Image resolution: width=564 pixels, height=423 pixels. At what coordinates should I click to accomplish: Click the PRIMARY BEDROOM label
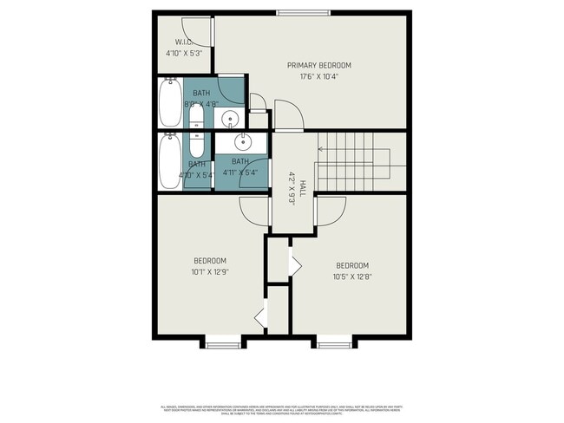click(319, 65)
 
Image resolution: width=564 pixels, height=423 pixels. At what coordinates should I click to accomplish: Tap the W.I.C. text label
click(183, 42)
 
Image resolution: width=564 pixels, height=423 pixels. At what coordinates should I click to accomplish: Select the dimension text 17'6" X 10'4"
click(319, 76)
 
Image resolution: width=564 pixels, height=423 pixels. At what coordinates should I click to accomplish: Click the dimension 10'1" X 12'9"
click(209, 272)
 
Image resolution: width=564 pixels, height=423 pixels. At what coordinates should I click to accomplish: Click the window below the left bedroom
click(222, 344)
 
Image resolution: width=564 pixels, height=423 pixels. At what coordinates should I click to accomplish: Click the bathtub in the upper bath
click(169, 102)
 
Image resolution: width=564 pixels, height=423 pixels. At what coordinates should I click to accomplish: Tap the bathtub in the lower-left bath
click(169, 160)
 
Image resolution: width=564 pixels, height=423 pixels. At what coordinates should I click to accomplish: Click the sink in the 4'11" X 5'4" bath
click(242, 141)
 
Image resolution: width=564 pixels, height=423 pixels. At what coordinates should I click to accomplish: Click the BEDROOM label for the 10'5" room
click(352, 265)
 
